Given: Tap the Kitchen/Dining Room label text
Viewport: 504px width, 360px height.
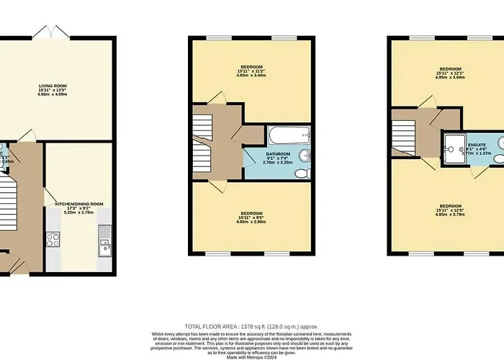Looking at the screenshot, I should pos(80,204).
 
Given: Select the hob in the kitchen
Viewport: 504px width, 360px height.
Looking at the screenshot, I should pos(52,240).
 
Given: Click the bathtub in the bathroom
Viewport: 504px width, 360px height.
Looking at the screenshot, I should pos(289,134).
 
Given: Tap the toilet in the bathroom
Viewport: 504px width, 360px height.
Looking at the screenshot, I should pos(306,174).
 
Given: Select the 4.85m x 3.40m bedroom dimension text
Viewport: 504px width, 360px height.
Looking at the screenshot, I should pos(251,75).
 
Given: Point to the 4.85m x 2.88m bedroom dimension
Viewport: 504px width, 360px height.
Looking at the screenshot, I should pos(251,221).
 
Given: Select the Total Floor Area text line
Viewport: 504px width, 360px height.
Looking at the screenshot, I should pos(251,327).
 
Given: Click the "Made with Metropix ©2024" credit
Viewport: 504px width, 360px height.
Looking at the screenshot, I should pos(251,350).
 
